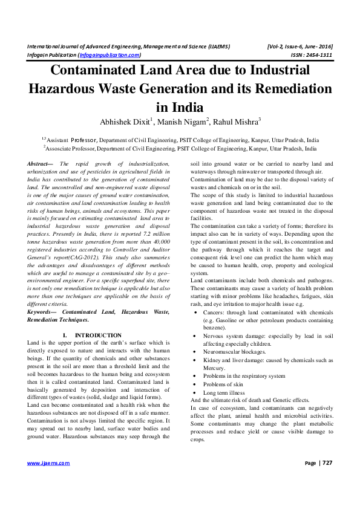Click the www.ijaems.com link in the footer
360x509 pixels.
[48, 480]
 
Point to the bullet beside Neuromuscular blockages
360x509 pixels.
[193, 350]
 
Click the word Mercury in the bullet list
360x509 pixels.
[214, 368]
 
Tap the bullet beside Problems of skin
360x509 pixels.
[193, 384]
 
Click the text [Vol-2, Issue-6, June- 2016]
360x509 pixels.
[299, 47]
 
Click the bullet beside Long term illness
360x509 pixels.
[193, 392]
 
